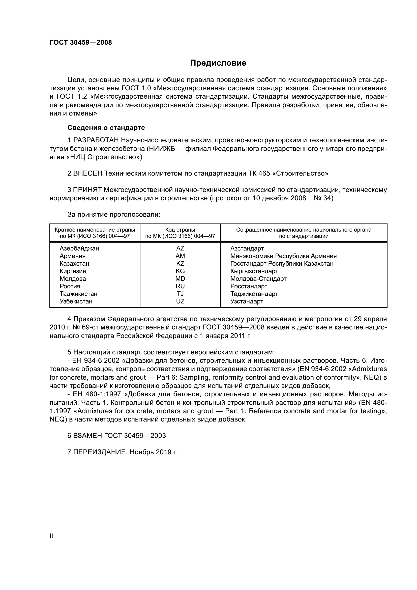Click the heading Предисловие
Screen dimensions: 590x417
[x=218, y=63]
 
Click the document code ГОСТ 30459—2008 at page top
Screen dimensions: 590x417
[x=81, y=43]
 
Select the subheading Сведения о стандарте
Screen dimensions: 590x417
[x=106, y=128]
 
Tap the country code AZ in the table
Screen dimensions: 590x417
[x=180, y=248]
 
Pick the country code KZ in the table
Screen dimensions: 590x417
[x=180, y=264]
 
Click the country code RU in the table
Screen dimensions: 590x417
[x=180, y=286]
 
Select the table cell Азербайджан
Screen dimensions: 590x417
[x=79, y=248]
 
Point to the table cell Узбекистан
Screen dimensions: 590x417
[x=76, y=301]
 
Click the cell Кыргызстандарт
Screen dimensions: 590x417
[x=254, y=271]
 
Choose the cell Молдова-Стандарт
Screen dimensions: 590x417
[x=258, y=279]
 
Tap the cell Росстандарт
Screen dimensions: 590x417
[x=249, y=286]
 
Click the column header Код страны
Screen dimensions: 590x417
[x=180, y=230]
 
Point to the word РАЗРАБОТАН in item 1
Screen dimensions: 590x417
[x=96, y=140]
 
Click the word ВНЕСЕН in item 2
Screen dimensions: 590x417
[x=88, y=174]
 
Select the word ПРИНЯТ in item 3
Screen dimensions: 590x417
[x=87, y=190]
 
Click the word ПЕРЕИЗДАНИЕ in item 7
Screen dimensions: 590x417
[x=100, y=452]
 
